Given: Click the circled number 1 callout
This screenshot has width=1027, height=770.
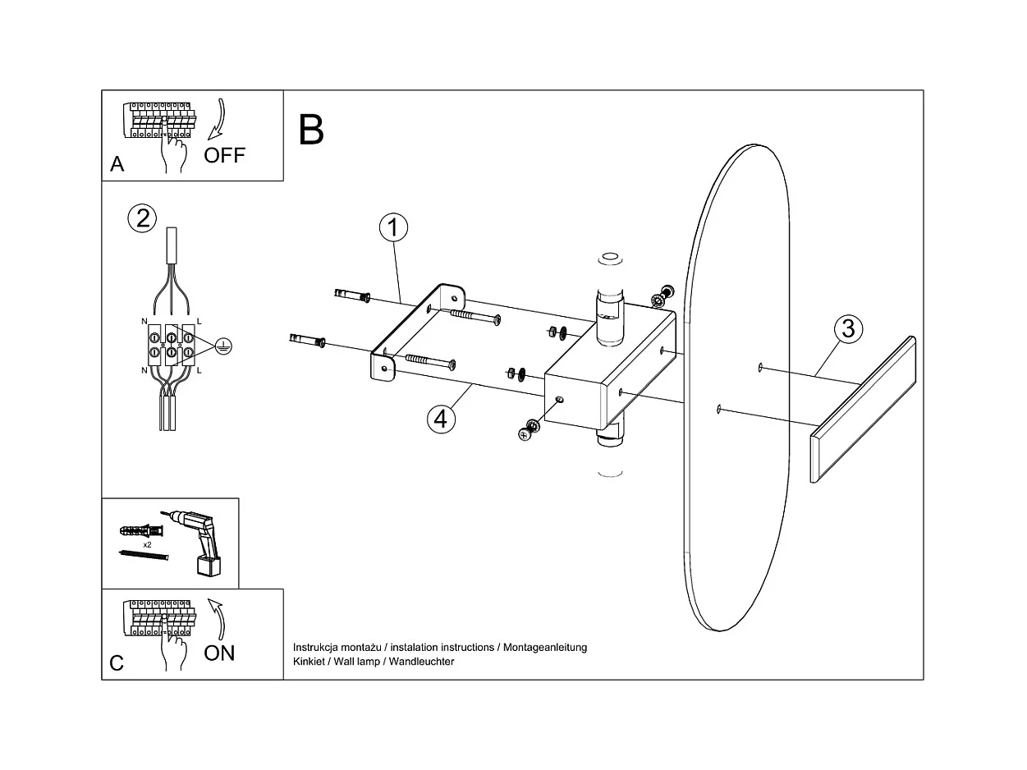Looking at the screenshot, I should point(393,228).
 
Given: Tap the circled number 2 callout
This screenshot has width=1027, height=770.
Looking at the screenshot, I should point(143,218).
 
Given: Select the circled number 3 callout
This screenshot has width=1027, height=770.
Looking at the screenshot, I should point(848,329).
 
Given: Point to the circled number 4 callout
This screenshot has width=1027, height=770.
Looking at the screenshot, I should point(441,418).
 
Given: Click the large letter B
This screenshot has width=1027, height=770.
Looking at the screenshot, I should point(312,129).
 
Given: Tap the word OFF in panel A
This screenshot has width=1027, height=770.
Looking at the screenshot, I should point(224,155).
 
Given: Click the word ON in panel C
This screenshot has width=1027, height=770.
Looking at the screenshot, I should point(219,653).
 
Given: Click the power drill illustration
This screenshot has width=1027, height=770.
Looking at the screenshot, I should point(200,539).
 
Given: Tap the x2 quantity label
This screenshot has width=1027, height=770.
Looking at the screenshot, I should point(148,544).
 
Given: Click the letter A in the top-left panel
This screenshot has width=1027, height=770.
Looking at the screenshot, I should point(117,164).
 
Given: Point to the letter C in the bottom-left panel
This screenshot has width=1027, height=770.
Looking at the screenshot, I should point(117,662).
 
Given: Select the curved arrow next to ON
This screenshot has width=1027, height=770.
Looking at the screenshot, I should point(218,619).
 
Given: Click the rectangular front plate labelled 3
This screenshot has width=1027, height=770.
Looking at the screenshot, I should point(862,410).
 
